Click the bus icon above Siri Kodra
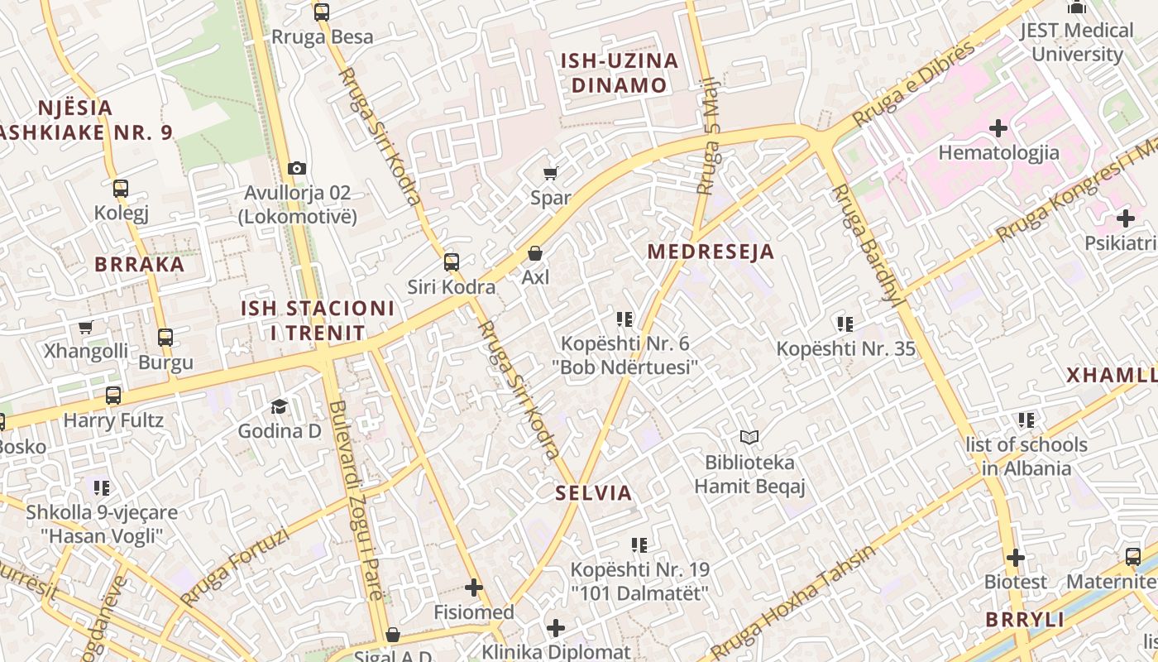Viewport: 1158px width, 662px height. tap(451, 262)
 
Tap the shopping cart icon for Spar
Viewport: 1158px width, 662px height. tap(550, 174)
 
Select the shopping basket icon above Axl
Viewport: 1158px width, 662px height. tap(535, 253)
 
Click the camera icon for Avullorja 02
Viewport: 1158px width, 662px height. tap(297, 169)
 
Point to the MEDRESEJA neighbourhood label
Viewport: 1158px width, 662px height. tap(711, 252)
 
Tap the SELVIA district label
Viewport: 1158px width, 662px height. tap(593, 493)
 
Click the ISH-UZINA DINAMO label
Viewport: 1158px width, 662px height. tap(619, 73)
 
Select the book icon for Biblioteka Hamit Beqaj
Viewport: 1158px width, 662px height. tap(749, 437)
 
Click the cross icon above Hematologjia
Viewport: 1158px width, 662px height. tap(998, 128)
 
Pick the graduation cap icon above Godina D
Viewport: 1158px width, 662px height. tap(279, 407)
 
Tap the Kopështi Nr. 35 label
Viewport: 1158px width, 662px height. tap(845, 348)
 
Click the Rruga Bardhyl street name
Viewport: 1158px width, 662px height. tap(866, 245)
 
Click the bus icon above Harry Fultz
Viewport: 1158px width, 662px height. tap(113, 396)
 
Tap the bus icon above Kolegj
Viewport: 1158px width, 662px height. tap(121, 189)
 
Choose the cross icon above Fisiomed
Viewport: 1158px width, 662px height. tap(474, 588)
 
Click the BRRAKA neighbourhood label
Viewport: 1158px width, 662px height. tap(139, 264)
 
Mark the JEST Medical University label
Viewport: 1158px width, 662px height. tap(1076, 42)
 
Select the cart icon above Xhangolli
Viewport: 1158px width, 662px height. tap(85, 327)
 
